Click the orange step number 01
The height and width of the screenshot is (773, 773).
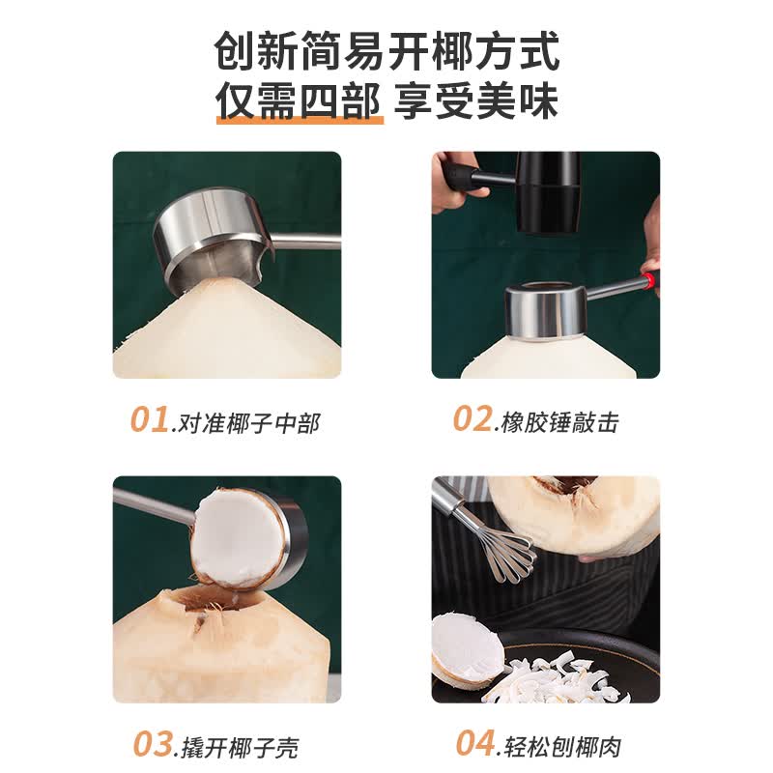(x=150, y=420)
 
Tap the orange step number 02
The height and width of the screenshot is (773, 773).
(x=472, y=419)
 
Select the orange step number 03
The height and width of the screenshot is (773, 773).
(x=153, y=744)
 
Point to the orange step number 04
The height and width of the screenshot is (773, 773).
(x=475, y=743)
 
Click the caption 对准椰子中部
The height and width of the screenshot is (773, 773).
(x=249, y=423)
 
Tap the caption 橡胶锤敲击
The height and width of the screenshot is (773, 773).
(x=560, y=422)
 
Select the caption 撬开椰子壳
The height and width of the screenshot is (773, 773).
(x=240, y=747)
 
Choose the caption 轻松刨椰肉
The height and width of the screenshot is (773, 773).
(x=562, y=746)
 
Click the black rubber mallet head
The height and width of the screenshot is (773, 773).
(x=547, y=192)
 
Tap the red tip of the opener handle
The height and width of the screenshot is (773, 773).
(x=649, y=280)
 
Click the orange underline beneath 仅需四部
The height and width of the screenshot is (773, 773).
(x=300, y=120)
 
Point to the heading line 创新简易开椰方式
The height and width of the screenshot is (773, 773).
(x=387, y=51)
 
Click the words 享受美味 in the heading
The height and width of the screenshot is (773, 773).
(x=475, y=101)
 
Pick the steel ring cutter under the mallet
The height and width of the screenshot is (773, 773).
(x=545, y=311)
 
